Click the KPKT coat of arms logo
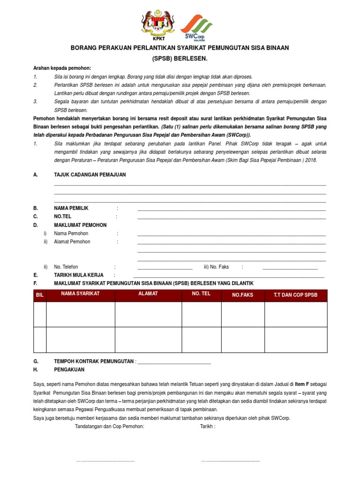click(157, 24)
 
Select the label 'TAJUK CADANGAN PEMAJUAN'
click(90, 174)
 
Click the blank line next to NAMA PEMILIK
click(232, 209)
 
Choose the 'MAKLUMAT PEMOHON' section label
click(80, 225)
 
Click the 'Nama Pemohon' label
click(71, 233)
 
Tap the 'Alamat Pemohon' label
click(72, 242)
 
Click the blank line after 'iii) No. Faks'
click(290, 269)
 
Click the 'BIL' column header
click(40, 295)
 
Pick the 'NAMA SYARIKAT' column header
click(81, 293)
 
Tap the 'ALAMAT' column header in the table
click(148, 293)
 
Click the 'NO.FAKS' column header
click(242, 295)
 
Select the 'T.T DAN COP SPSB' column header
click(295, 295)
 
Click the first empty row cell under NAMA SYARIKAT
click(81, 314)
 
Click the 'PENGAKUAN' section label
click(69, 369)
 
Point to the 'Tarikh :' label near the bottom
click(208, 427)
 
